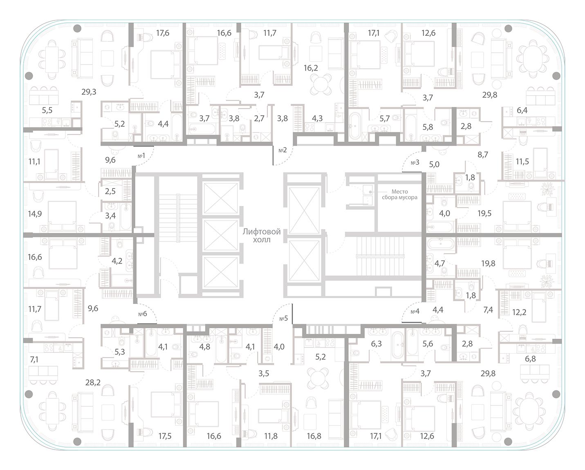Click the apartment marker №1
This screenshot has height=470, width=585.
coord(141,156)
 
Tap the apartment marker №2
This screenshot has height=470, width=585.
coord(283,150)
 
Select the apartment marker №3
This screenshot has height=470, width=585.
coord(415,163)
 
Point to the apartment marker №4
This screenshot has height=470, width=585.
coord(415,311)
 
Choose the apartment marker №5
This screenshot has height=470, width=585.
coord(283,318)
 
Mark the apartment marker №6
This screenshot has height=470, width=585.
coord(142,314)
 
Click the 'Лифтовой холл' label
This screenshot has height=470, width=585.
coord(262,236)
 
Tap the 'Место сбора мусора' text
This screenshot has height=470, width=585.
coord(404,194)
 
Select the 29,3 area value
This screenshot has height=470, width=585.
coord(88,92)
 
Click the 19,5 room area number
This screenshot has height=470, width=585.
coord(484,213)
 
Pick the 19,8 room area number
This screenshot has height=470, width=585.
coord(488,264)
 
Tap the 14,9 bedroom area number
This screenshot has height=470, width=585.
coord(35,213)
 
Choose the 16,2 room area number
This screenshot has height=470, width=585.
coord(311,68)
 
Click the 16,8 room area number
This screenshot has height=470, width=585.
coord(314,436)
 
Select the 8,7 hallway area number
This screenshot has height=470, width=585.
coord(482,154)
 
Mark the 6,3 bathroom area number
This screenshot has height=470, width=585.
coord(376,344)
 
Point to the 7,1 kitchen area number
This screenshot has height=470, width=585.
coord(35,359)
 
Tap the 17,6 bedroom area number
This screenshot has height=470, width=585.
coord(162,34)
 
